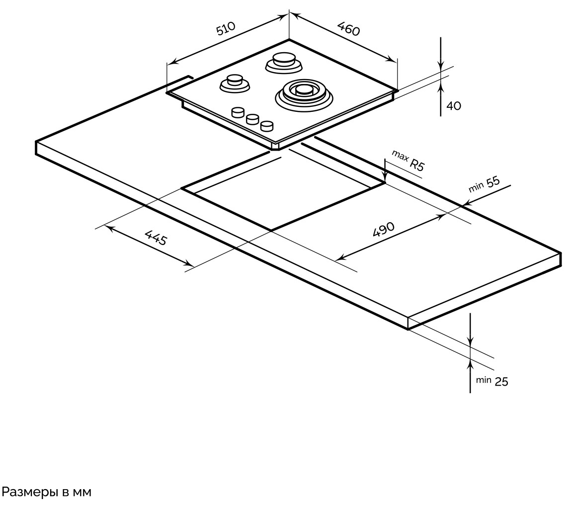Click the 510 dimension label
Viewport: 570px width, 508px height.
227,29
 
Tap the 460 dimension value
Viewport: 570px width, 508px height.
348,28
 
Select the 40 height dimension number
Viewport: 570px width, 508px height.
454,105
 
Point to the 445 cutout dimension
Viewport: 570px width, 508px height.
156,238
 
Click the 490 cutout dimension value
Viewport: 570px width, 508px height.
383,230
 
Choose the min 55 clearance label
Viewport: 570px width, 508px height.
484,185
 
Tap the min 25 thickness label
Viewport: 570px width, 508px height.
492,381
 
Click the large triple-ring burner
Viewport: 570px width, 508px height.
303,93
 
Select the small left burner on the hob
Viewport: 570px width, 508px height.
235,83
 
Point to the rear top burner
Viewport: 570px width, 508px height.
283,61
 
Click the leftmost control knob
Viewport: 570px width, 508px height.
238,112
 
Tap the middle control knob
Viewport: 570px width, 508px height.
252,119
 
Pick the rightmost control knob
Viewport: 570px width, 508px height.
267,125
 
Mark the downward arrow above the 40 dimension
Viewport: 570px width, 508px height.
441,65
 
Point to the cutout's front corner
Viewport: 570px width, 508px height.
271,231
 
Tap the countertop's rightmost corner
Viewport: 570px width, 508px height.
561,254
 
